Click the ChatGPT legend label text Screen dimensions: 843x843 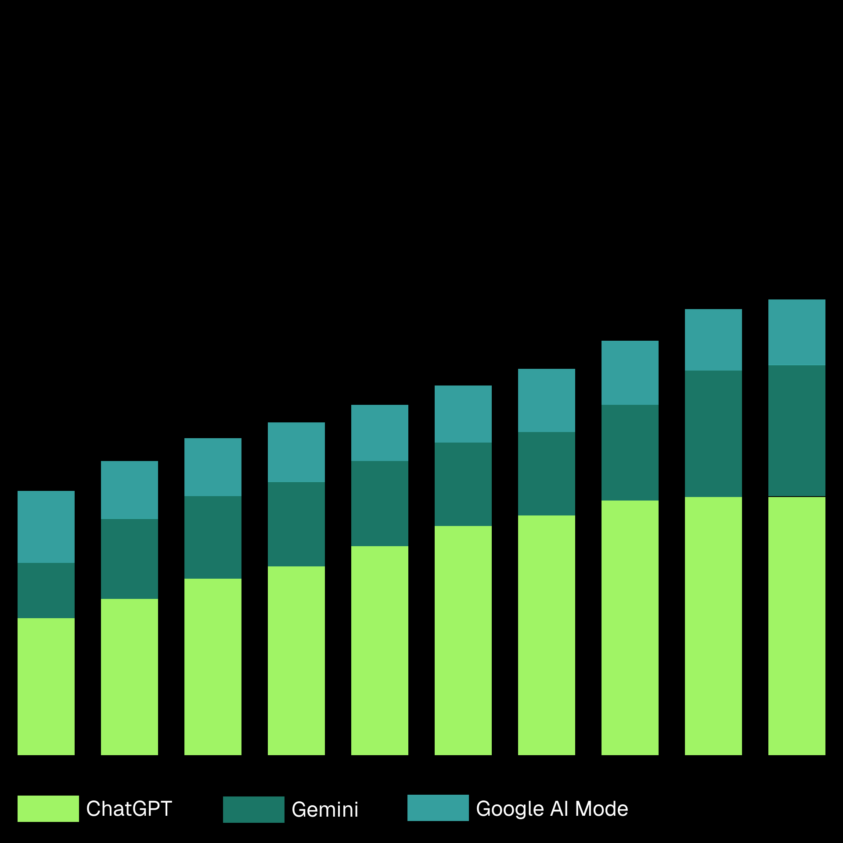click(x=129, y=809)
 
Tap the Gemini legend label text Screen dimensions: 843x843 click(x=325, y=810)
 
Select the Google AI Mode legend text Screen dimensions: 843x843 click(x=552, y=809)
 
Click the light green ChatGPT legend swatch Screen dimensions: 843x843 click(x=48, y=808)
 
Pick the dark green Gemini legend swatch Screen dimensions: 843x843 click(x=253, y=809)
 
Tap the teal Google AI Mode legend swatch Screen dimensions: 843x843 click(x=438, y=807)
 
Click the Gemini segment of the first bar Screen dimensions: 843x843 click(x=46, y=591)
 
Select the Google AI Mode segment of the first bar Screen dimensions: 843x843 click(x=46, y=527)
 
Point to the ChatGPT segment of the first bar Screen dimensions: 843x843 click(x=46, y=687)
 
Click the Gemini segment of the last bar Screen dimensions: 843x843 click(x=796, y=431)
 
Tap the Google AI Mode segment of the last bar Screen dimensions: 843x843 click(x=796, y=332)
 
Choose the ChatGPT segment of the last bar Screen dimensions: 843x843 click(x=796, y=626)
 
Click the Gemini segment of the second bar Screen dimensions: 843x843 click(x=130, y=559)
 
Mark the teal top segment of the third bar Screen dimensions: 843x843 click(x=213, y=467)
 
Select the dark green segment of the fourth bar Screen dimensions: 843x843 click(x=296, y=524)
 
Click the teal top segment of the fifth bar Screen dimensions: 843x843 click(x=380, y=433)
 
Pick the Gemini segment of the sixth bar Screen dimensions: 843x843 click(x=463, y=484)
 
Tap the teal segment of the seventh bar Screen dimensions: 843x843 click(x=547, y=400)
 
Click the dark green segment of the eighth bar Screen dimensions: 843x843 click(x=630, y=453)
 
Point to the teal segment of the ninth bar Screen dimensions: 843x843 click(x=713, y=340)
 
